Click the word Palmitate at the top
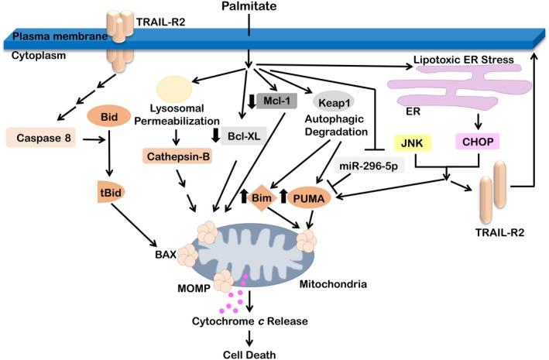tap(248, 9)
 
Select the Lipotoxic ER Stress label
tap(460, 67)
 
